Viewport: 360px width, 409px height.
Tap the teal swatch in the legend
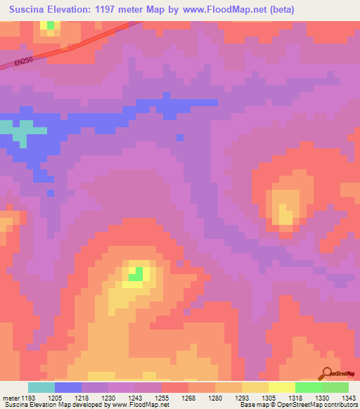41,387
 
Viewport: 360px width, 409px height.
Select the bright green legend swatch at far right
335,387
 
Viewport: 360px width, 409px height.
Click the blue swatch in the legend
68,387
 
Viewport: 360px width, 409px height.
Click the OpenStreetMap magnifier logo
328,373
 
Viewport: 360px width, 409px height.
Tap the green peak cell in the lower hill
138,273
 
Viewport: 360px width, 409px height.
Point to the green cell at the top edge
50,25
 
